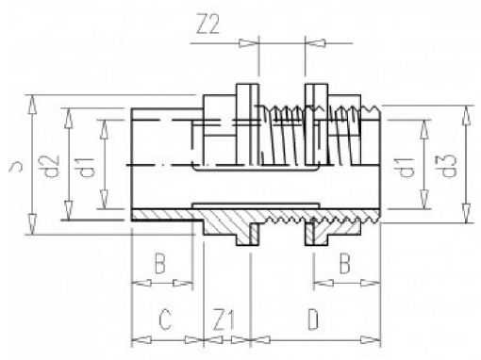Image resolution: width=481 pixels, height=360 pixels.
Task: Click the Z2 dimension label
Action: (x=207, y=25)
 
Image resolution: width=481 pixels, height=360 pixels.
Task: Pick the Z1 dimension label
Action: (x=224, y=320)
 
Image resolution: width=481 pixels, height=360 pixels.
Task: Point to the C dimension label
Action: (x=165, y=319)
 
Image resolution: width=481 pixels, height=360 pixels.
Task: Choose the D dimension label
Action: (x=313, y=319)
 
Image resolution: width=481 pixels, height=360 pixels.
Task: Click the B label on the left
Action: (x=159, y=263)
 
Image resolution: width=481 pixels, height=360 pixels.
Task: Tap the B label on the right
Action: (x=344, y=263)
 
